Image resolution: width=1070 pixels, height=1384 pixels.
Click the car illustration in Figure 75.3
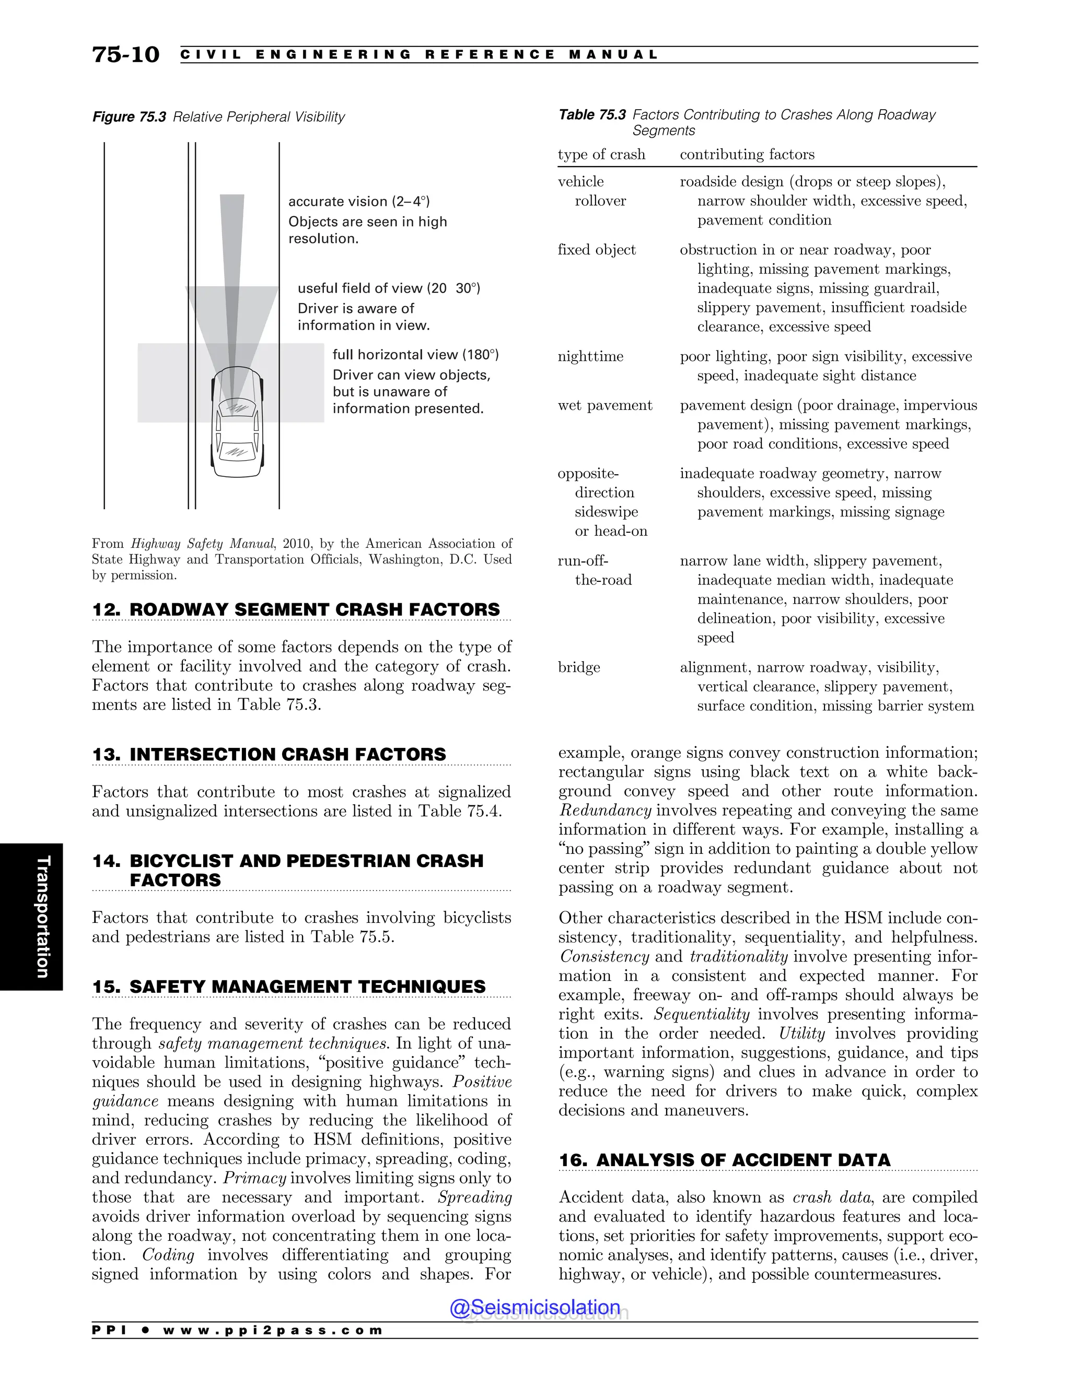tap(237, 421)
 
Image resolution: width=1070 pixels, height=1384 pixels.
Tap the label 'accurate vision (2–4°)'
tap(359, 202)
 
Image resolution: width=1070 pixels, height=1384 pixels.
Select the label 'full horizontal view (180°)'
tap(415, 355)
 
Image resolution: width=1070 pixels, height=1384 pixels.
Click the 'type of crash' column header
tap(601, 155)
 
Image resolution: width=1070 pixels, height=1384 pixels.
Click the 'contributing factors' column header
tap(747, 155)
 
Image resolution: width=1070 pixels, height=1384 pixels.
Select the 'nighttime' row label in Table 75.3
tap(590, 357)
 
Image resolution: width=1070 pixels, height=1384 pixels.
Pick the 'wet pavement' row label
tap(604, 406)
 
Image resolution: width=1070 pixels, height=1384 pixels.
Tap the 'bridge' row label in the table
tap(578, 667)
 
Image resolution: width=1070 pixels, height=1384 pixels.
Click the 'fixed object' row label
tap(596, 250)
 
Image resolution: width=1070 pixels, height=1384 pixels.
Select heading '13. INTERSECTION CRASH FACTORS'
tap(269, 755)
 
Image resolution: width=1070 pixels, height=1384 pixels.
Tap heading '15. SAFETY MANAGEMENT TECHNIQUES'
tap(288, 987)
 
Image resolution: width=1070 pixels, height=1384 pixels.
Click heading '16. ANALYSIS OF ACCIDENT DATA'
tap(724, 1160)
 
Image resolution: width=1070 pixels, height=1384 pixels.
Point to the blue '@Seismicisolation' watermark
tap(534, 1307)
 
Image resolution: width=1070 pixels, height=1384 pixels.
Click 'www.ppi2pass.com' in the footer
tap(273, 1331)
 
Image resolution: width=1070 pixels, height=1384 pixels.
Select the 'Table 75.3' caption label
tap(591, 115)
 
